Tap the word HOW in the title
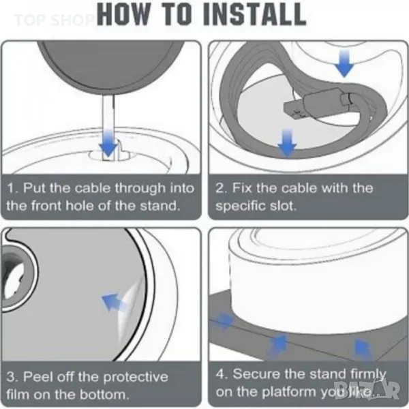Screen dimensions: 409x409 123,14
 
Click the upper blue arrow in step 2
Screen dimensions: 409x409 344,63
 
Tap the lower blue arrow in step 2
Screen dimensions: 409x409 287,142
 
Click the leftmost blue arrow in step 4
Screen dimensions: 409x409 224,320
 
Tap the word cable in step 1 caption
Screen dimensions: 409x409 93,188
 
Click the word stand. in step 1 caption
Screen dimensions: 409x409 160,206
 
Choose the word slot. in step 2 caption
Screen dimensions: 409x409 284,206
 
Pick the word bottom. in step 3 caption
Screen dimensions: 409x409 104,395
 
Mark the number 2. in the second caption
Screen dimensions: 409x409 222,188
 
